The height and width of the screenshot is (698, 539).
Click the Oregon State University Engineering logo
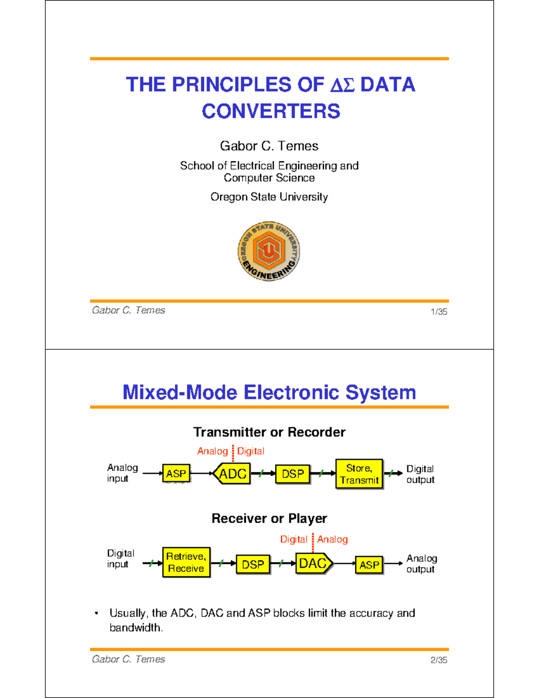269,251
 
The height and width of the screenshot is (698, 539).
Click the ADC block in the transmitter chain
232,474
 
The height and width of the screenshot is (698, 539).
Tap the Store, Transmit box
359,474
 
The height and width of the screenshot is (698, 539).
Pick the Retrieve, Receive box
186,562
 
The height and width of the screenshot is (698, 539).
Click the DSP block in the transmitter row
292,474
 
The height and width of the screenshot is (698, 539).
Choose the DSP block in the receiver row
253,565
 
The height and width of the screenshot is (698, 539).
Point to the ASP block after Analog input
176,474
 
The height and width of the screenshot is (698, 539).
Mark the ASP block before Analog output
369,565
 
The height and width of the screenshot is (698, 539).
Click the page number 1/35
438,312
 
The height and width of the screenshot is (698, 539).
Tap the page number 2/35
438,660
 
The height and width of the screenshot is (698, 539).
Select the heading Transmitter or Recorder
269,432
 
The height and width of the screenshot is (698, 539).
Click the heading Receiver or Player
269,519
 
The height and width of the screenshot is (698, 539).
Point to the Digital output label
420,474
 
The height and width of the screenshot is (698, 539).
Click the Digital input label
120,559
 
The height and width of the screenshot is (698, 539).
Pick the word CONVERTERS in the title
271,111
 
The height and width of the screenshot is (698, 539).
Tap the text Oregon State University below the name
269,197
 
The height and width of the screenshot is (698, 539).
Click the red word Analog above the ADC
212,451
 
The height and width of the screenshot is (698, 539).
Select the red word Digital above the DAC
294,539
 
